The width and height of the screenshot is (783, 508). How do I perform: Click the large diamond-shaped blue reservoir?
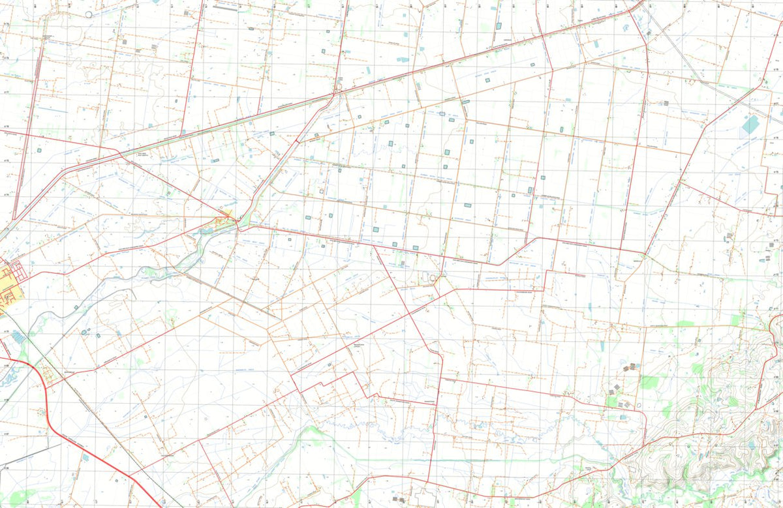(x=751, y=124)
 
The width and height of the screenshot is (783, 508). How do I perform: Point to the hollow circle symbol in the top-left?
(x=89, y=14)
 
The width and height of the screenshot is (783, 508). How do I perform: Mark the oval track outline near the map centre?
(x=430, y=278)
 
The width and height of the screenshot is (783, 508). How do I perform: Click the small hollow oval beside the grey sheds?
(x=639, y=404)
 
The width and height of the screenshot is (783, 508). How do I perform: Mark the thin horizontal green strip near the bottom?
(x=457, y=460)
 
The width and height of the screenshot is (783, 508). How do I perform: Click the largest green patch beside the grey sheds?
(x=649, y=382)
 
